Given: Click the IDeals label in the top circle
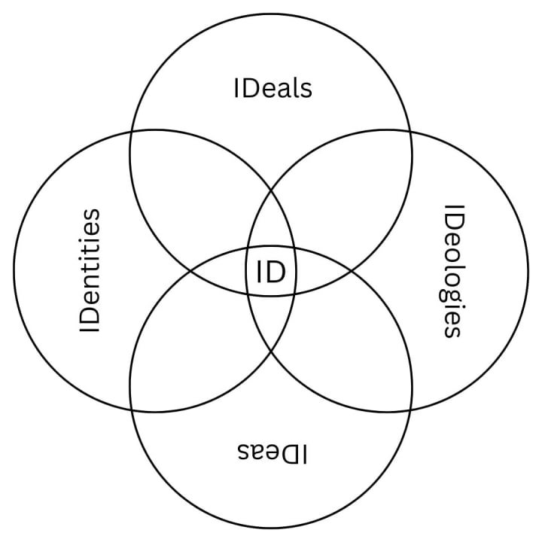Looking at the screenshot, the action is coord(272,88).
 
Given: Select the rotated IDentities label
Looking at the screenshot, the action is coord(90,271).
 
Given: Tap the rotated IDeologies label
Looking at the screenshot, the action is coord(452,271).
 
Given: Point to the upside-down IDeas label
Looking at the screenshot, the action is coord(272,452).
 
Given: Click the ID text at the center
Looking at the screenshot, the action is coord(271,271).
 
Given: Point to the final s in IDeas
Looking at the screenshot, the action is coord(243,452).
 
